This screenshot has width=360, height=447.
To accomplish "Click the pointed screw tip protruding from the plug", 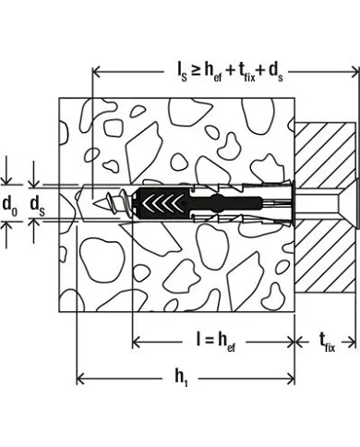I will (100, 196).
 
